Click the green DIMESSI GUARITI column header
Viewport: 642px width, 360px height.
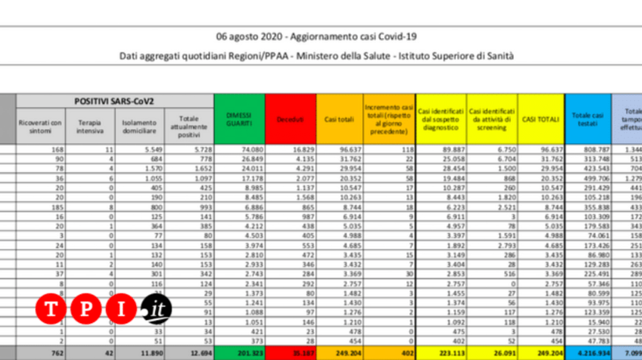[x=239, y=119]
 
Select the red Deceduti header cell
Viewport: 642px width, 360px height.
[x=290, y=119]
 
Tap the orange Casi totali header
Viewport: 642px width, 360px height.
[x=339, y=119]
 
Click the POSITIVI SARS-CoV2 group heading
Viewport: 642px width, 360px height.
[x=114, y=100]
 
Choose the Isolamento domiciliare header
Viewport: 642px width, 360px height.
[x=139, y=122]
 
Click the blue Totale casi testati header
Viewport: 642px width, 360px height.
[x=587, y=119]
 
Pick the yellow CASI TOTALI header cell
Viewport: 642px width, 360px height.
[x=540, y=119]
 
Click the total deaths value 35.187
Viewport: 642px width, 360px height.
[x=291, y=353]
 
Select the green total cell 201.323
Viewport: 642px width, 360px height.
[x=239, y=353]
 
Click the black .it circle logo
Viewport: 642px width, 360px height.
[x=156, y=309]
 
